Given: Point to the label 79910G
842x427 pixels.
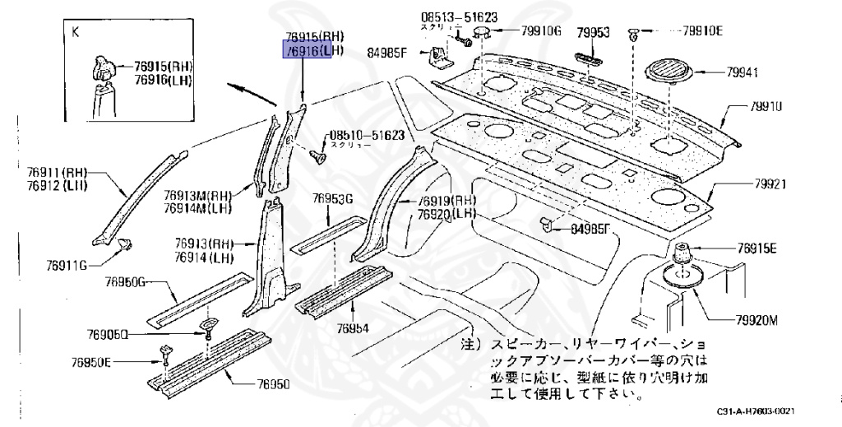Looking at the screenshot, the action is click(541, 31).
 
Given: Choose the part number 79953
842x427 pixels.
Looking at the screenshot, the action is click(592, 32).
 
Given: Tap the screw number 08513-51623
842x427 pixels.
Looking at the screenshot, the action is click(460, 16).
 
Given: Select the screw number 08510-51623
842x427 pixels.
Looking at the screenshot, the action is click(367, 134).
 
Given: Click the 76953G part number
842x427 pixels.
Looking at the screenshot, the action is click(332, 198).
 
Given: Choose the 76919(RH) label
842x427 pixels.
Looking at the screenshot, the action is click(446, 201).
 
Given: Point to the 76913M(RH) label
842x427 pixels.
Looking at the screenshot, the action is click(197, 195).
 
